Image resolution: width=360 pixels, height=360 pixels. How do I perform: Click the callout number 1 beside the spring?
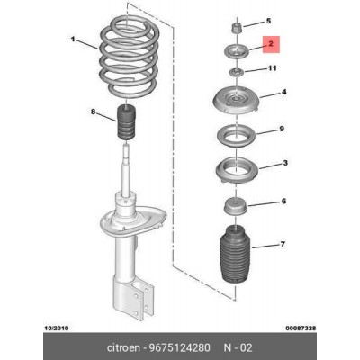(x=73, y=40)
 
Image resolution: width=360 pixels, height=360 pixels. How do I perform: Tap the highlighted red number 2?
(x=271, y=44)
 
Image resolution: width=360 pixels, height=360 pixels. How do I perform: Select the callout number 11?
(x=272, y=68)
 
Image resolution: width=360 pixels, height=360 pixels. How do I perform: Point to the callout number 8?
(x=93, y=112)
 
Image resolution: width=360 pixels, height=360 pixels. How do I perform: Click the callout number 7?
(x=283, y=245)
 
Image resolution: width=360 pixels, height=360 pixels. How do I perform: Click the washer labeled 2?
(x=237, y=50)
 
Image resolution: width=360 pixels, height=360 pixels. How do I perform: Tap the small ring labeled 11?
(x=237, y=72)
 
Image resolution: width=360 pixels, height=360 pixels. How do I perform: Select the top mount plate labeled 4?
(x=236, y=101)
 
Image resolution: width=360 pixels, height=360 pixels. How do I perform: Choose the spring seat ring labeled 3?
(x=237, y=170)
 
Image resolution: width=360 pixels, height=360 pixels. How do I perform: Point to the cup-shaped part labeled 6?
(x=237, y=207)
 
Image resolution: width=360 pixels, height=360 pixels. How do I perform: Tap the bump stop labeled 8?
(x=126, y=122)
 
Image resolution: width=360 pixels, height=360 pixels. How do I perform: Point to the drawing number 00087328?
(x=301, y=328)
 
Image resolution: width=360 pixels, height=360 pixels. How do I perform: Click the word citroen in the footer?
(x=123, y=347)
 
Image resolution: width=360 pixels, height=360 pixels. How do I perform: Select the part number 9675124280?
(x=179, y=347)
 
